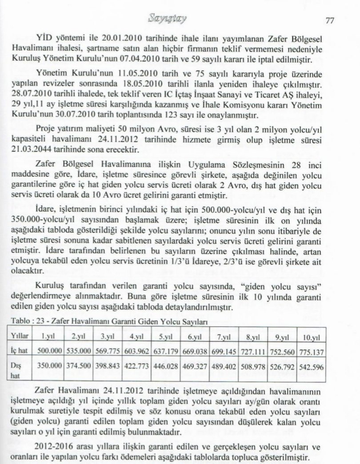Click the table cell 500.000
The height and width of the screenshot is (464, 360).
click(48, 350)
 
